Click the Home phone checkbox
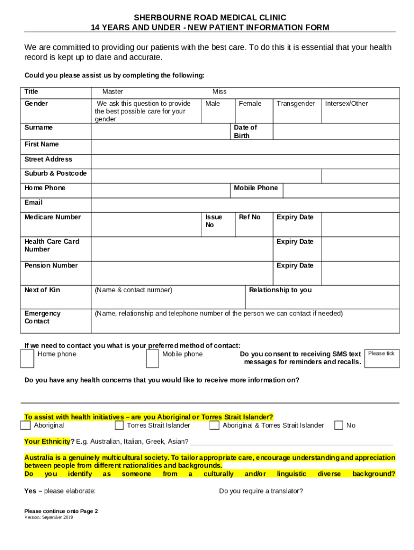pos(27,359)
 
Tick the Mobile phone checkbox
pos(153,359)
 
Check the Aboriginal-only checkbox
pos(25,425)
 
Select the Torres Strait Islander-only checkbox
pos(119,425)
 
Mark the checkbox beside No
pos(339,425)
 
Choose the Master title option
pos(113,92)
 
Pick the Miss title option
pos(219,92)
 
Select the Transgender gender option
pos(296,104)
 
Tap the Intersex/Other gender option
pos(346,104)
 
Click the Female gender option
pos(250,104)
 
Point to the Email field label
pos(33,202)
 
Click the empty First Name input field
pos(245,147)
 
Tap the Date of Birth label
pos(245,132)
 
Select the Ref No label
pos(249,217)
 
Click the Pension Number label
pos(51,265)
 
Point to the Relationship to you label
pos(280,290)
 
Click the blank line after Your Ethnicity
pos(291,442)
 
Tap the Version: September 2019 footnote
pos(48,517)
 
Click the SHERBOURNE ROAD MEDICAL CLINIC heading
pos(210,18)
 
